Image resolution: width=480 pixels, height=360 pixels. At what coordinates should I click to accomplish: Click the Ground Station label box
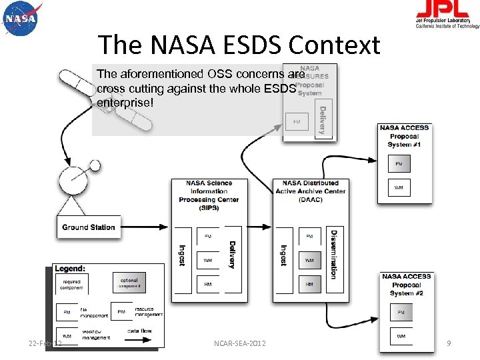click(88, 227)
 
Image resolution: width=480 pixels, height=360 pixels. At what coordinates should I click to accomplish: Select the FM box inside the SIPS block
click(208, 236)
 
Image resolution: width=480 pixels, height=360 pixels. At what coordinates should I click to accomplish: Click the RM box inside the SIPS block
click(208, 284)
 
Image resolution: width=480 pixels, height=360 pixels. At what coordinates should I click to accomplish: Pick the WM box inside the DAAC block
click(309, 260)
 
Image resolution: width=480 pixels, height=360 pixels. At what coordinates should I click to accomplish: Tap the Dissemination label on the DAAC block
click(333, 254)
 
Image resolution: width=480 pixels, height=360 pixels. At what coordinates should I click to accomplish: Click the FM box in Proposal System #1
click(399, 163)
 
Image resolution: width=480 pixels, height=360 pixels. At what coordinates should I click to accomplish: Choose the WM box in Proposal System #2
click(401, 336)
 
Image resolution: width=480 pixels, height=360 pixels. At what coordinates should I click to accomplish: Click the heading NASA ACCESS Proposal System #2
click(406, 285)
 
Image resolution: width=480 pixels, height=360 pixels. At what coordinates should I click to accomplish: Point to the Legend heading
click(70, 268)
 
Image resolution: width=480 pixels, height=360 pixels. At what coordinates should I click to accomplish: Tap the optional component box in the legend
click(129, 283)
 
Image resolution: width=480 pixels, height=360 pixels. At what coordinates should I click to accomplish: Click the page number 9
click(449, 343)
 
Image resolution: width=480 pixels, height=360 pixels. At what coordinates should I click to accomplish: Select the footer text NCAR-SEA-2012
click(239, 343)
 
